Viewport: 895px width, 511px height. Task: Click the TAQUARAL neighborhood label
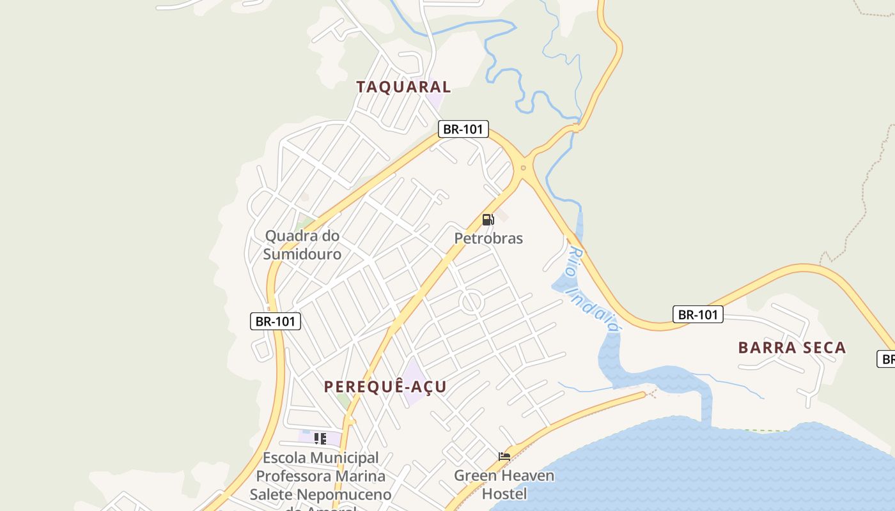pos(403,87)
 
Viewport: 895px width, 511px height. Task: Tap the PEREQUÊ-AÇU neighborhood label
pos(385,386)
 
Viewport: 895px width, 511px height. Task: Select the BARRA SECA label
pos(792,347)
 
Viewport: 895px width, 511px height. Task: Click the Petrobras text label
pos(488,238)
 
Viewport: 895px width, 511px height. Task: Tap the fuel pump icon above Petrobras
pos(488,220)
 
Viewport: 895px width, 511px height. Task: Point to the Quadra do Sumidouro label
pos(302,245)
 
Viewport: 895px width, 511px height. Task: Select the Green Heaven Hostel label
pos(504,484)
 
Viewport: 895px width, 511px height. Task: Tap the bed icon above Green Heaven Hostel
pos(504,456)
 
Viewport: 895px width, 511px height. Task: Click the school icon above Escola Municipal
pos(320,438)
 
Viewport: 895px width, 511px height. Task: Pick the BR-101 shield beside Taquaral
pos(463,129)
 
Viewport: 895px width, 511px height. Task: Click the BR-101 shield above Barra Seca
pos(697,314)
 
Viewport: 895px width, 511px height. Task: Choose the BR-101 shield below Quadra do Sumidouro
pos(275,321)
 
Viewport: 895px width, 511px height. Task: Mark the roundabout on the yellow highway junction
pos(524,168)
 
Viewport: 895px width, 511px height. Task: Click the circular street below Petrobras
pos(472,301)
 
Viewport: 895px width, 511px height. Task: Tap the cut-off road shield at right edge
pos(886,359)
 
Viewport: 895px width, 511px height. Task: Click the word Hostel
pos(504,494)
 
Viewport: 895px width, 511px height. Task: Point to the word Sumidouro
pos(302,254)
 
